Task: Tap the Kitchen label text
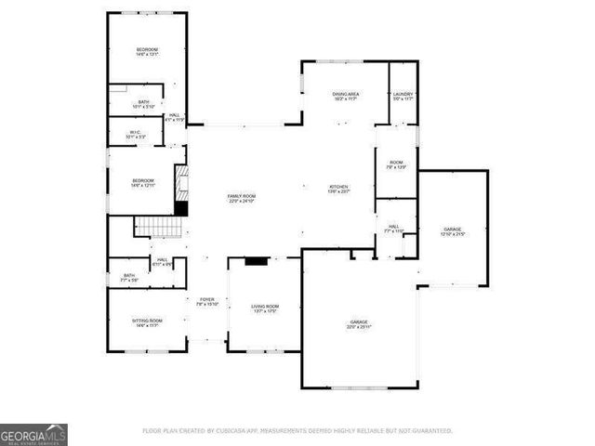coord(338,189)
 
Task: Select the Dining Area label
coord(346,96)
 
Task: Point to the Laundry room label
coord(403,96)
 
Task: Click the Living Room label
coord(265,308)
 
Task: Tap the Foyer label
coord(206,301)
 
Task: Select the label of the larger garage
coord(359,322)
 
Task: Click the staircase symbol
coord(155,226)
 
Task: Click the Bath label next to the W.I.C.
coord(143,104)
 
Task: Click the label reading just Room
coord(395,164)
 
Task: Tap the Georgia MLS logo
coord(33,434)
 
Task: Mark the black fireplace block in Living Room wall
coord(256,262)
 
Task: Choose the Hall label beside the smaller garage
coord(392,229)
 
